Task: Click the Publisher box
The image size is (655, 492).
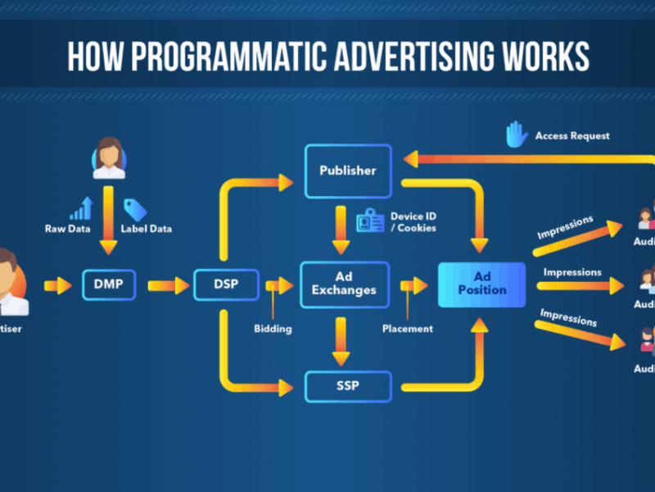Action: point(348,171)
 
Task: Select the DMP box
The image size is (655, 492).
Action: point(110,285)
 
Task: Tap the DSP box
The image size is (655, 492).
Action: point(226,285)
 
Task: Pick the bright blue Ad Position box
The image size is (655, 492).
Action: point(481,284)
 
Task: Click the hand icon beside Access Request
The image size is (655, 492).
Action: point(516,134)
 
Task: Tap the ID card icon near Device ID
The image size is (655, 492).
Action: point(370,221)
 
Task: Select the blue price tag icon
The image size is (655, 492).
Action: point(134,210)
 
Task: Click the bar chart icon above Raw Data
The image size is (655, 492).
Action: point(82,208)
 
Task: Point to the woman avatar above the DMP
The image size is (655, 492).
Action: point(109,157)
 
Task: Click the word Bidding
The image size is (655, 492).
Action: point(272,329)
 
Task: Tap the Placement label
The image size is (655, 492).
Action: point(407,329)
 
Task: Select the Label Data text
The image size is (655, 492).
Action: point(147,229)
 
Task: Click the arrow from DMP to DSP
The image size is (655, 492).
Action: point(167,285)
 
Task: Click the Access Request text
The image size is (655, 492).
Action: point(572,135)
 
